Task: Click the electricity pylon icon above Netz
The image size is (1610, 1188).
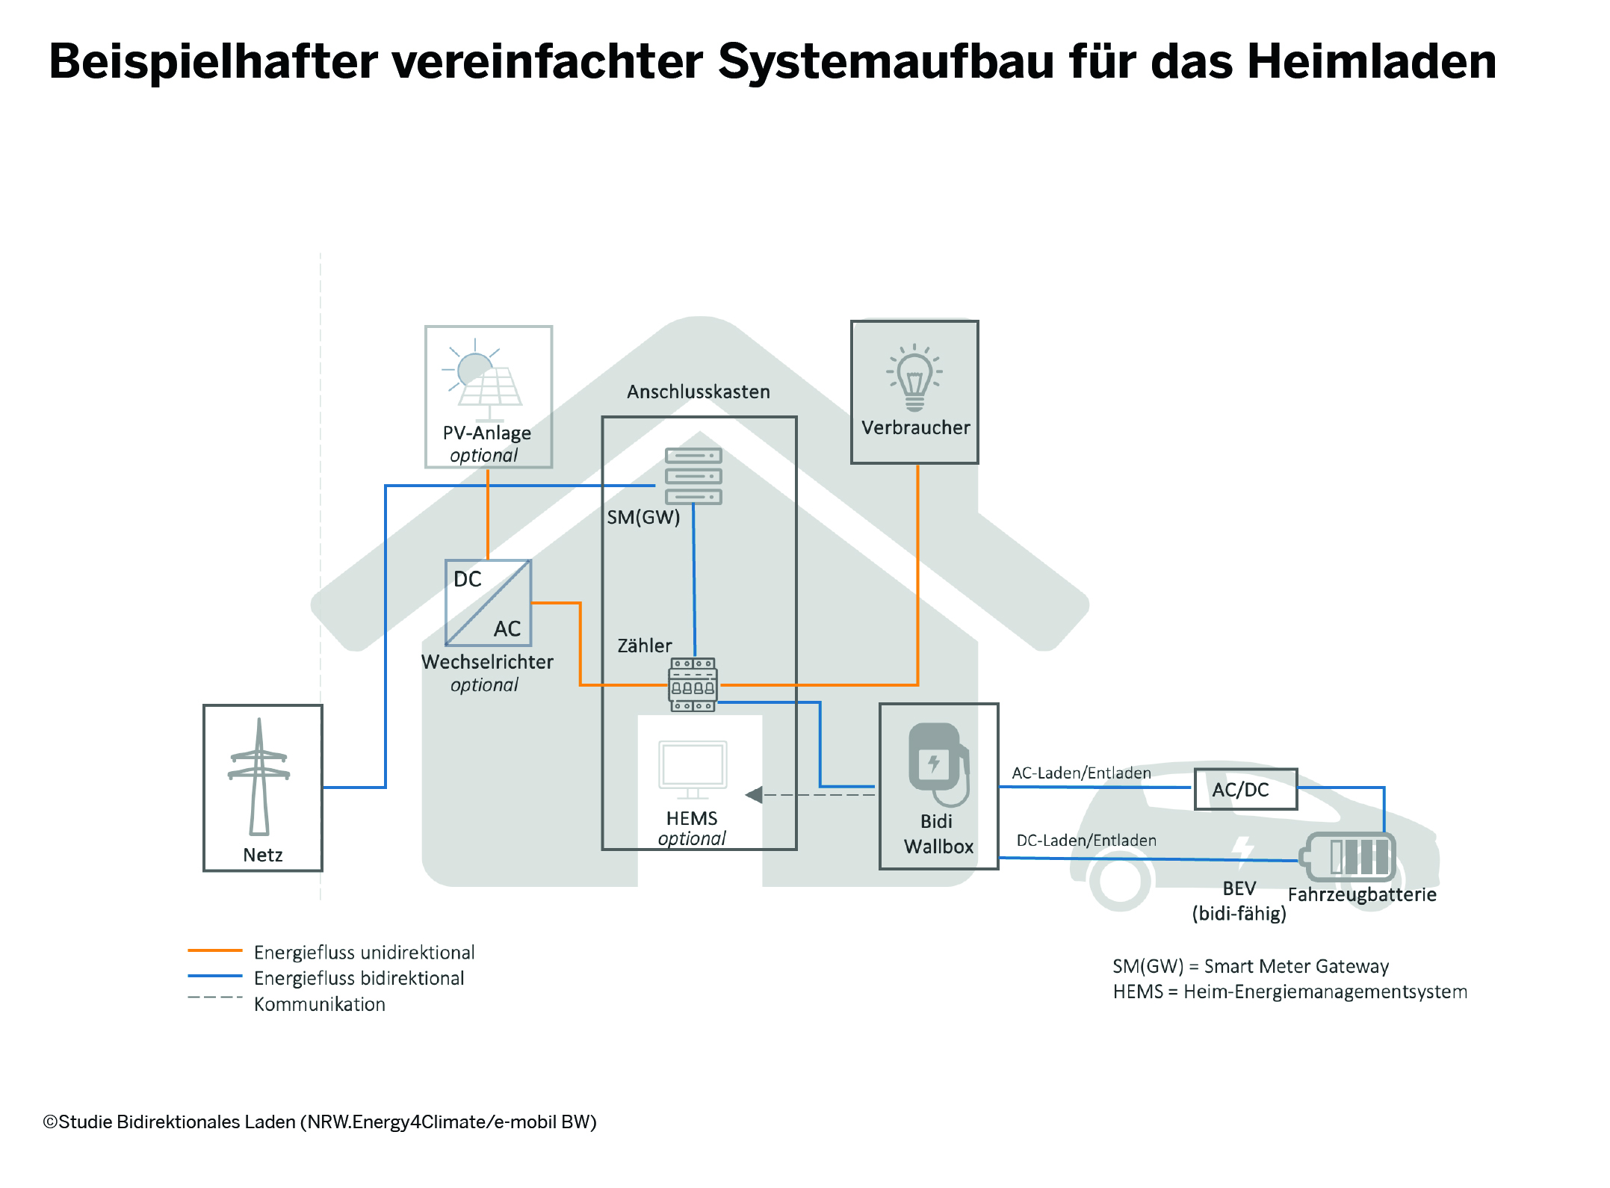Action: [x=259, y=777]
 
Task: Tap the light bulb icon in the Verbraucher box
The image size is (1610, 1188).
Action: [x=914, y=378]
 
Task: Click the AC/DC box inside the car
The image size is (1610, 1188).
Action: [x=1245, y=790]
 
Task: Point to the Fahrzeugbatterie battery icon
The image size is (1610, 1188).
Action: [x=1350, y=856]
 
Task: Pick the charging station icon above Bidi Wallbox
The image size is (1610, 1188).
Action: [x=938, y=762]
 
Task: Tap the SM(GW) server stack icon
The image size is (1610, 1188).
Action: [x=693, y=476]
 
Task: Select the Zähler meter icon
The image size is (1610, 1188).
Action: [x=693, y=684]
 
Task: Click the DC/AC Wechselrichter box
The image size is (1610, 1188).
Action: [x=488, y=603]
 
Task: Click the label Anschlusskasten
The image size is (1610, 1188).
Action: [x=698, y=392]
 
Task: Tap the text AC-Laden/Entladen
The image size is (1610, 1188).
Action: [x=1081, y=773]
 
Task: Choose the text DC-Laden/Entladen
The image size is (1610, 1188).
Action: [x=1086, y=841]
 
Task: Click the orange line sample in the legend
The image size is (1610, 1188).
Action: [x=215, y=950]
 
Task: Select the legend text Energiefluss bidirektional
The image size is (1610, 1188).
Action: [x=359, y=978]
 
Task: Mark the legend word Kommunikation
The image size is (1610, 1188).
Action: [x=320, y=1004]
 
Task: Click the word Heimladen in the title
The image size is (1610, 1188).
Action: [x=1372, y=61]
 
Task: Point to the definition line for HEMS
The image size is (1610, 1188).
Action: [x=1289, y=992]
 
